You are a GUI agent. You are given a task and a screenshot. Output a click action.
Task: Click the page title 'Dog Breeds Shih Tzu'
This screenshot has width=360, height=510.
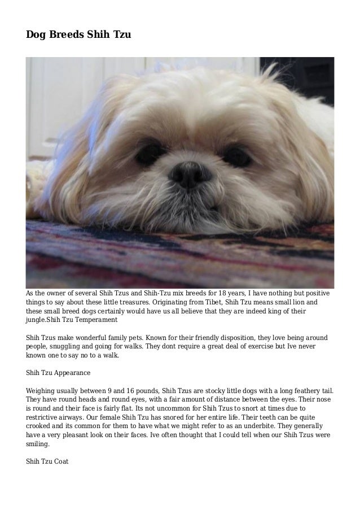pos(78,35)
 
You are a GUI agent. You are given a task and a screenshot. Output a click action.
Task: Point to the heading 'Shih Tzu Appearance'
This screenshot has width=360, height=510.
pos(58,373)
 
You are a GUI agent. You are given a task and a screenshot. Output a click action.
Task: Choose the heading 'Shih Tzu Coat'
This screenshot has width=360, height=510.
pos(47,461)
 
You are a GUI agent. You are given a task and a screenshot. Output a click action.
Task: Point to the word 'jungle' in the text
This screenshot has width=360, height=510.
pos(37,320)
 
